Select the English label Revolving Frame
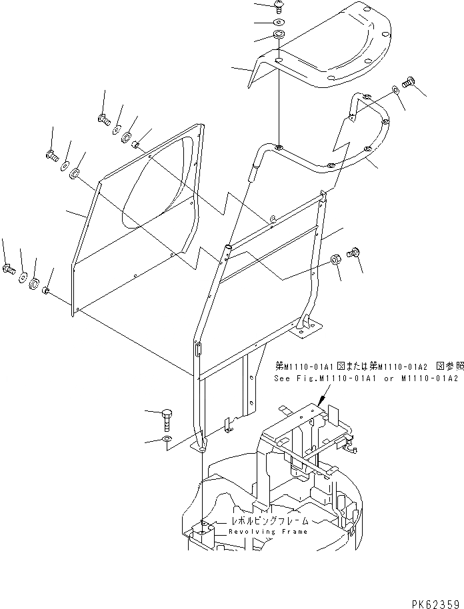(x=268, y=532)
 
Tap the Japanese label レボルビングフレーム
(x=269, y=522)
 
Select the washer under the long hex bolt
(x=167, y=440)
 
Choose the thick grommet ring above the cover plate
(x=277, y=35)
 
